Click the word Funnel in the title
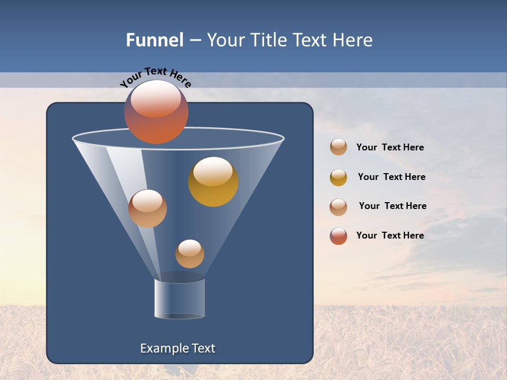click(155, 40)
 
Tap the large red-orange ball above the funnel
click(156, 112)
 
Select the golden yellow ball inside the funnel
click(213, 182)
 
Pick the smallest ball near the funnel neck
click(190, 253)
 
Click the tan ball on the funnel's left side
click(147, 208)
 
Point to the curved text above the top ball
click(155, 77)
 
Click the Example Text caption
click(177, 348)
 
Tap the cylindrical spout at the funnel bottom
click(180, 298)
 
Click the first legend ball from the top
click(339, 147)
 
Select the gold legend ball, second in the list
click(339, 177)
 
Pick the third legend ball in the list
click(339, 206)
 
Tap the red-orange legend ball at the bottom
click(339, 236)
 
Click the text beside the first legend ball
click(390, 148)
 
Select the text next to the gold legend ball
click(391, 177)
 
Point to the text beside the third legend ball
click(392, 206)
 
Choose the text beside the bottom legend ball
click(390, 236)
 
